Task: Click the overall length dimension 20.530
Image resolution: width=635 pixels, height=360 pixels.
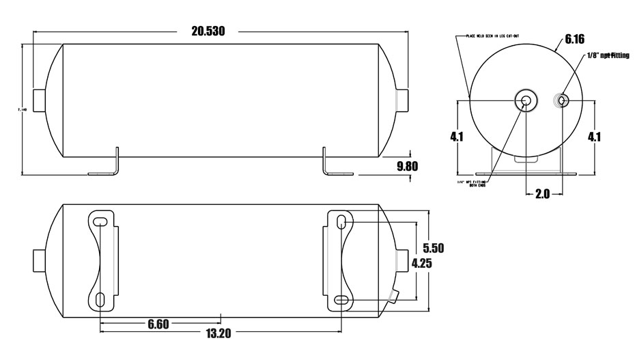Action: click(208, 31)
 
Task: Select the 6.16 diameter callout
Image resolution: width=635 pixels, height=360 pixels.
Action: click(574, 40)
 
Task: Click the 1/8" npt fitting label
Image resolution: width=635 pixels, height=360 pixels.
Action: click(608, 55)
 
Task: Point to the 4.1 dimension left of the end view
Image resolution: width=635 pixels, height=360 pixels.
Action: click(457, 137)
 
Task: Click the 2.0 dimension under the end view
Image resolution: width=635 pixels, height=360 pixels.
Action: click(542, 194)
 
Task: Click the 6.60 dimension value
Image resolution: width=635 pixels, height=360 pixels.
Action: click(158, 324)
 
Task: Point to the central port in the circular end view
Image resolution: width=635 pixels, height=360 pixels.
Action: click(526, 100)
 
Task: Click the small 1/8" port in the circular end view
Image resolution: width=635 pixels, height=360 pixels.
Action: click(561, 100)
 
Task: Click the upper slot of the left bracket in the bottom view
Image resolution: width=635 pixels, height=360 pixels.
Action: click(100, 220)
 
